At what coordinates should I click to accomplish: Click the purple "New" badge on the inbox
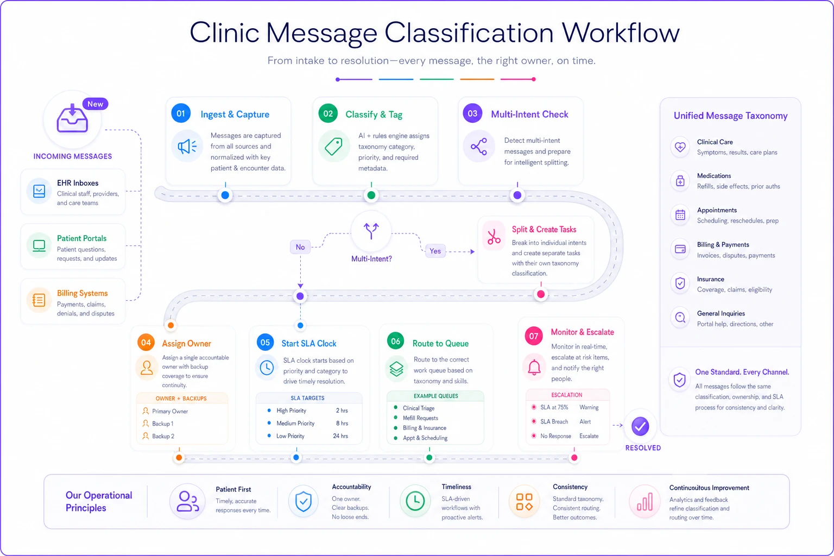tap(96, 104)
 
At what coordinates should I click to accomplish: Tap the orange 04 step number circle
tap(146, 343)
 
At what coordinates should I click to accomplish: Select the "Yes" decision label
tap(435, 251)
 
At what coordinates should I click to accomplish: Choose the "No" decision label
tap(300, 247)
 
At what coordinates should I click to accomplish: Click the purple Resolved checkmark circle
tap(640, 426)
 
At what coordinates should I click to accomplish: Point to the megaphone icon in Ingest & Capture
tap(187, 147)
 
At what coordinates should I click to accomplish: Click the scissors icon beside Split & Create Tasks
tap(494, 237)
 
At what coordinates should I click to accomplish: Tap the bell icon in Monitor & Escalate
tap(534, 367)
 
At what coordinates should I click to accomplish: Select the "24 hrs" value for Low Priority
tap(340, 435)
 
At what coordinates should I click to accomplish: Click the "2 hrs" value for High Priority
tap(342, 410)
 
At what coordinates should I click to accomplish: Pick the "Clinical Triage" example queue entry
tap(419, 408)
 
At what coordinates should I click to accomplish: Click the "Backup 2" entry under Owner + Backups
tap(163, 436)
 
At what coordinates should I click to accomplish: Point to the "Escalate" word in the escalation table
tap(589, 436)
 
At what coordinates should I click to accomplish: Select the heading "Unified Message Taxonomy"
tap(730, 116)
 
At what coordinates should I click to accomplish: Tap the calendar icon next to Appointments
tap(680, 215)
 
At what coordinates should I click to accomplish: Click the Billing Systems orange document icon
tap(39, 300)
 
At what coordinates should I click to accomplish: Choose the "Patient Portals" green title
tap(81, 238)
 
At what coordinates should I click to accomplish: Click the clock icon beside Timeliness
tap(415, 501)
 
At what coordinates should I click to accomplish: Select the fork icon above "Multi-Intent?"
tap(371, 231)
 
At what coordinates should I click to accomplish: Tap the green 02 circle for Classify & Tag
tap(328, 113)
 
